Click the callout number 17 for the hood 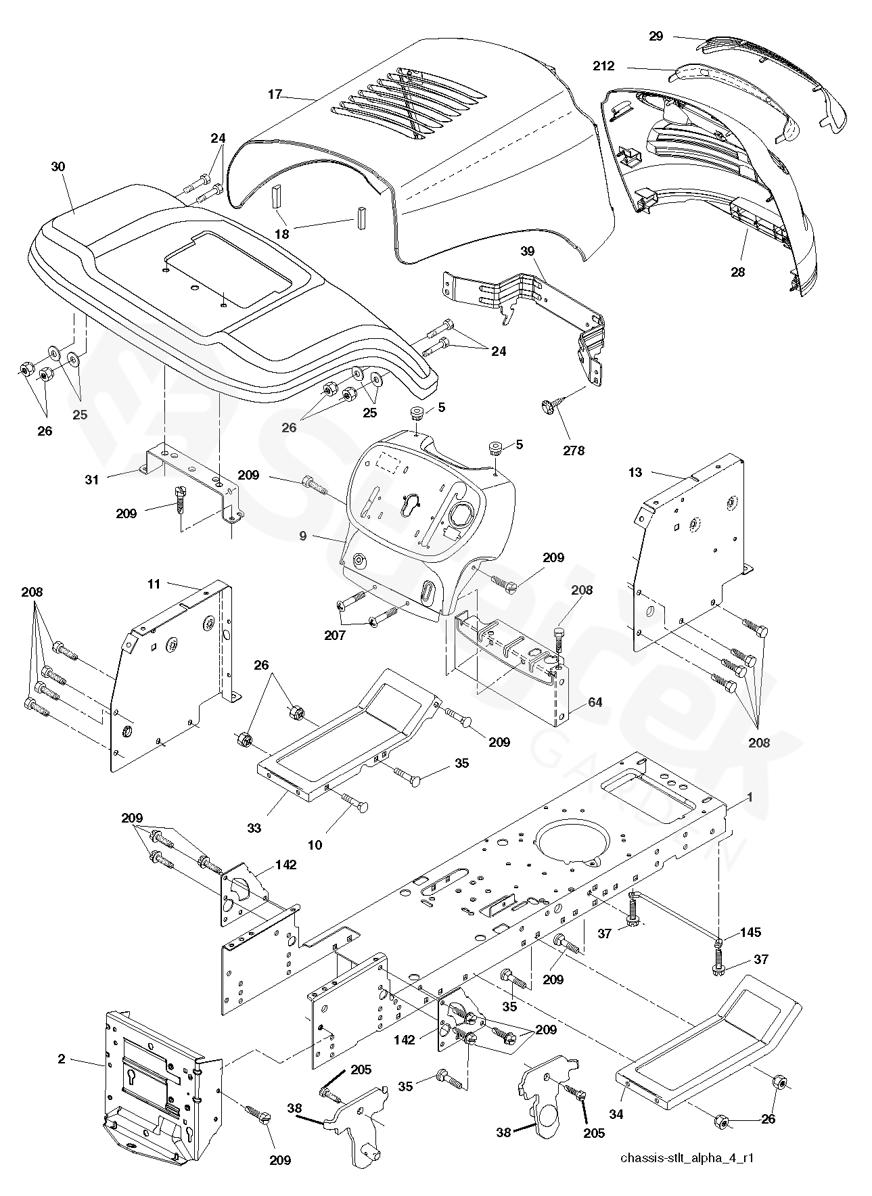(x=274, y=95)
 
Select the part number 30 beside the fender (x=58, y=166)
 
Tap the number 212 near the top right (x=603, y=66)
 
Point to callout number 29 (x=656, y=37)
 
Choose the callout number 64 (x=595, y=703)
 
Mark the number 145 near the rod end (x=750, y=933)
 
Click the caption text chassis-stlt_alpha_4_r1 (x=687, y=1157)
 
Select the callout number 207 (x=335, y=635)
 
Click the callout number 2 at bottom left (x=62, y=1059)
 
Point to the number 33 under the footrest (x=254, y=827)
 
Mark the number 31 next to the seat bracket (x=92, y=480)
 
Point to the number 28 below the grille (x=737, y=272)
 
